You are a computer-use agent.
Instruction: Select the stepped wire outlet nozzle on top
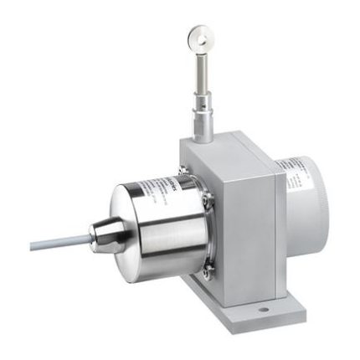point(203,116)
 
